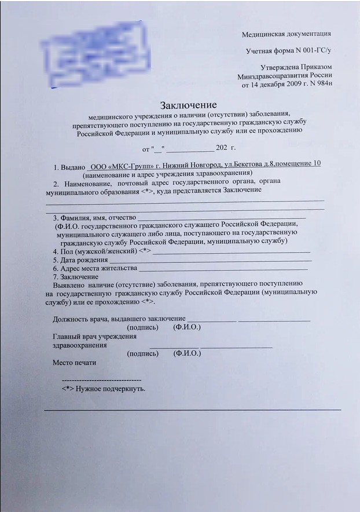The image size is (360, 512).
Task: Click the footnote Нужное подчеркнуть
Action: [x=110, y=388]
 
